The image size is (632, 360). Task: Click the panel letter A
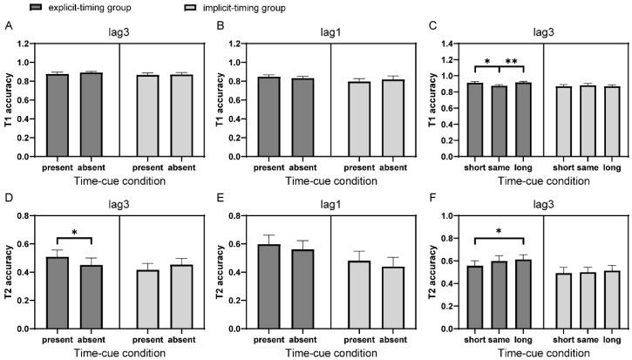tap(7, 26)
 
